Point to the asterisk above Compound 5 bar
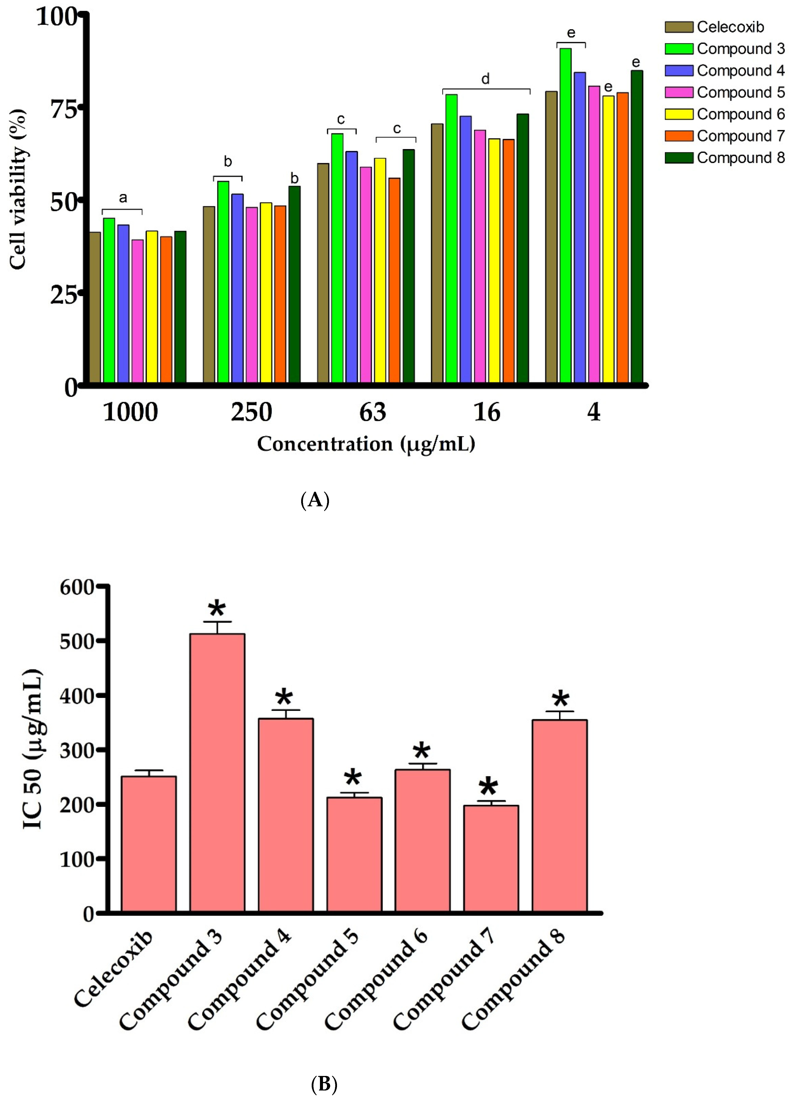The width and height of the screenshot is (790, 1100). tap(353, 778)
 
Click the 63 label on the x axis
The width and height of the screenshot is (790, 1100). tap(372, 412)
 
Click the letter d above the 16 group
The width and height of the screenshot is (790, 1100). tap(485, 79)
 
